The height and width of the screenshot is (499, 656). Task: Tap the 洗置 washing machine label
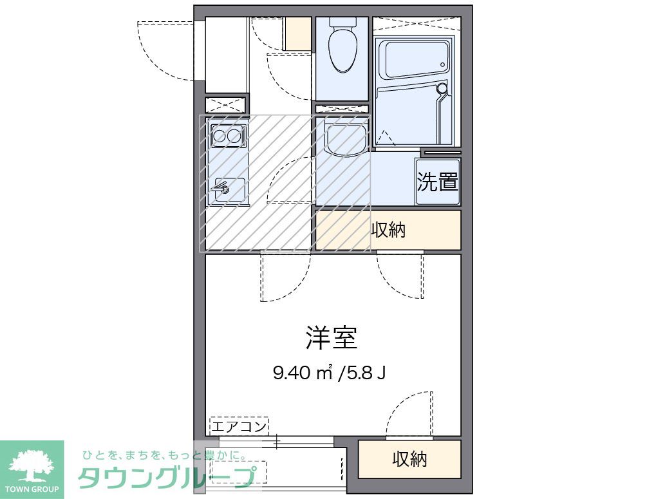pyautogui.click(x=438, y=182)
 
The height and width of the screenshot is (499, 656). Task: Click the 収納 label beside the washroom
pyautogui.click(x=389, y=230)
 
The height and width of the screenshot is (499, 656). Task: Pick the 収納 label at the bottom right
pyautogui.click(x=410, y=459)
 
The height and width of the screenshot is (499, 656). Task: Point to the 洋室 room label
pyautogui.click(x=331, y=337)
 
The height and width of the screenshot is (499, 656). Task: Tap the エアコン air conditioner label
pyautogui.click(x=239, y=426)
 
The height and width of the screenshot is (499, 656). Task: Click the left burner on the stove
pyautogui.click(x=219, y=136)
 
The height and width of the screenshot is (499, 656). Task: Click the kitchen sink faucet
pyautogui.click(x=221, y=189)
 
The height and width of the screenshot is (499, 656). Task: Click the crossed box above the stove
pyautogui.click(x=225, y=104)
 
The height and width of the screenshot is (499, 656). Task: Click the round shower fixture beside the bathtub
pyautogui.click(x=442, y=89)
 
